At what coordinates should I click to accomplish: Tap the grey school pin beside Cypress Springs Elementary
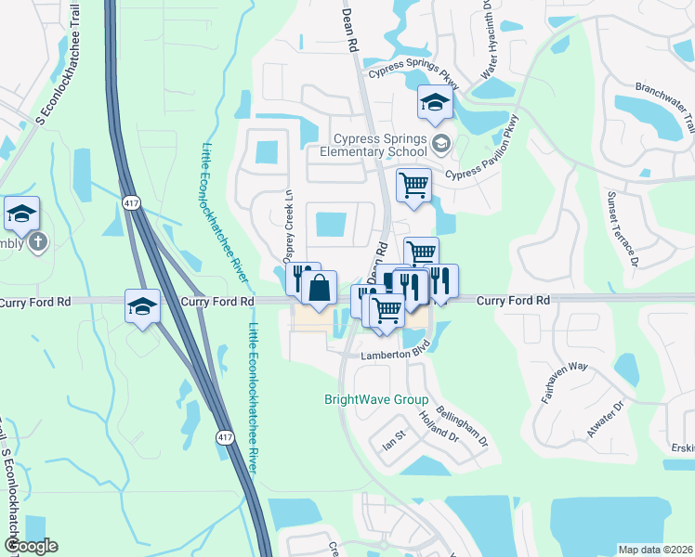pos(440,143)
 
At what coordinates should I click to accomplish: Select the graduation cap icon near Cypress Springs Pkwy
pos(434,103)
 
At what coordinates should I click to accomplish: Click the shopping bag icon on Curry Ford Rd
pos(319,288)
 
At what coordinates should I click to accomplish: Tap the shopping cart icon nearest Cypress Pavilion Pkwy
pos(413,184)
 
